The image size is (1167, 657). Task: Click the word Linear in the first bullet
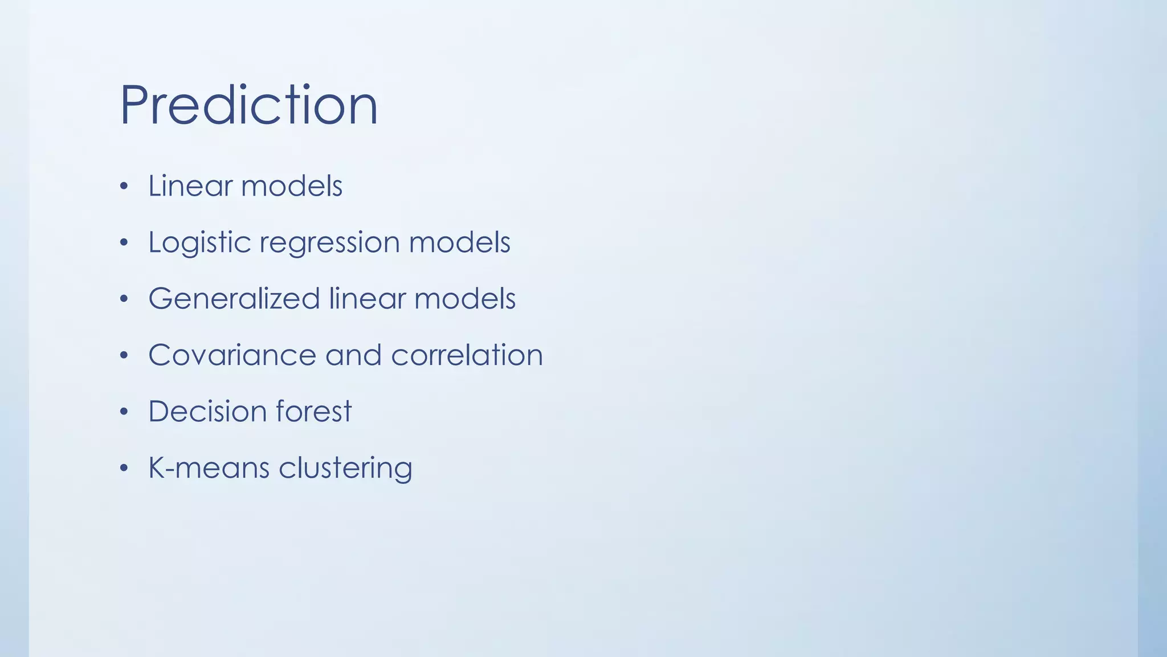(190, 186)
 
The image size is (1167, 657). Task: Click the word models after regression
(459, 242)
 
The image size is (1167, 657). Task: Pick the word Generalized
(234, 299)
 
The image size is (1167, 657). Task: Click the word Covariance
(231, 355)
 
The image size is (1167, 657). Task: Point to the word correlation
(467, 355)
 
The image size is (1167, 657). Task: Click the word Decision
(207, 411)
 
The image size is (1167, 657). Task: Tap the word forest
(313, 411)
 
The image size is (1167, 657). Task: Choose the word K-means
(209, 468)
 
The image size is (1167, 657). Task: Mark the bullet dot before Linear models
(124, 186)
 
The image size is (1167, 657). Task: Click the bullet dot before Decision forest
(124, 412)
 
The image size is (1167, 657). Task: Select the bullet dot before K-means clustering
(124, 468)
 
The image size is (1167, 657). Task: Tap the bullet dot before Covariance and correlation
(124, 356)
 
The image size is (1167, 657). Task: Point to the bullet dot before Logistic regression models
(124, 243)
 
